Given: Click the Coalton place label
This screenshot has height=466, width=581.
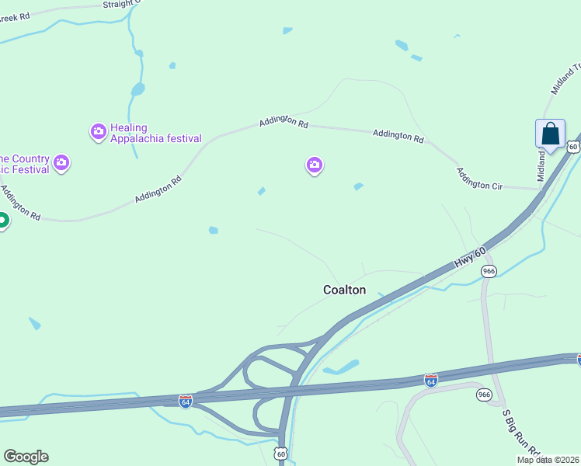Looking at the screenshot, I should (x=344, y=290).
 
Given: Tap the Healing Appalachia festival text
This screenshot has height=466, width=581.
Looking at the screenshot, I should (x=155, y=134).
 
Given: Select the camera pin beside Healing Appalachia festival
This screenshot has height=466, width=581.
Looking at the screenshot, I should (x=98, y=130).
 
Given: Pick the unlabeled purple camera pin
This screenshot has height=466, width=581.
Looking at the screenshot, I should (x=314, y=165).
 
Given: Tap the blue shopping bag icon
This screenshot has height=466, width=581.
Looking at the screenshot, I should (x=550, y=134).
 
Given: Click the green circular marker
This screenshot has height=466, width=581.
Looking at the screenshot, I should (x=2, y=221).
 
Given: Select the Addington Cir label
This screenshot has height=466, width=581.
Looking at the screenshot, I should (x=479, y=179).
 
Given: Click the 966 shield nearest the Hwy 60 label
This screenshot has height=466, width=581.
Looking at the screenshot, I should (x=489, y=271).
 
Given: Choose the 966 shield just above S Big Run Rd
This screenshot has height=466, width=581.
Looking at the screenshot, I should (x=484, y=395).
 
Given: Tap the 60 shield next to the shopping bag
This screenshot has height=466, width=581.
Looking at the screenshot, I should (x=572, y=146).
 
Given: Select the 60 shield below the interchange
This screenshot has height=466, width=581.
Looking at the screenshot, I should (x=280, y=452).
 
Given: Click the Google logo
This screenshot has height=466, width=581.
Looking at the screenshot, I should (x=26, y=457).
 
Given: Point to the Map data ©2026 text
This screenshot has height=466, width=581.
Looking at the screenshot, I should (x=548, y=460).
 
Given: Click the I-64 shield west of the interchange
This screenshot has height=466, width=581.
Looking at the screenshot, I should (x=185, y=401).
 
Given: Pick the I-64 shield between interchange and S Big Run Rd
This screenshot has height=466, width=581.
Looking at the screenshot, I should (x=430, y=380).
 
